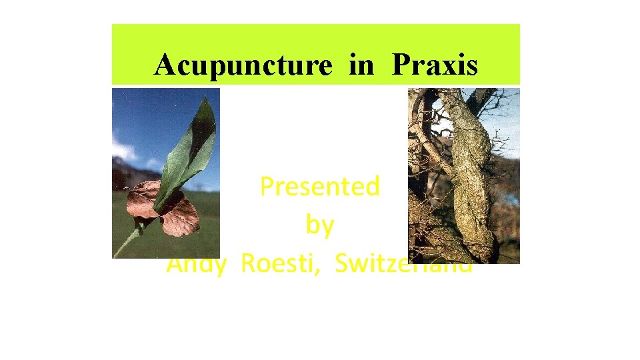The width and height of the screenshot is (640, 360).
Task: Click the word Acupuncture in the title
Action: pos(243,65)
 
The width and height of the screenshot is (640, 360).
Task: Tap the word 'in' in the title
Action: pos(362,65)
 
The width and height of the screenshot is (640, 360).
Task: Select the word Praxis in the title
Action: pos(435,65)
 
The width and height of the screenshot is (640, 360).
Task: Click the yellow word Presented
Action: pos(319,187)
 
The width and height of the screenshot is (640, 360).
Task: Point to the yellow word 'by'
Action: pos(319,225)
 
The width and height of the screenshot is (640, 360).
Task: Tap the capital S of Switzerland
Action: pos(342,264)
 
